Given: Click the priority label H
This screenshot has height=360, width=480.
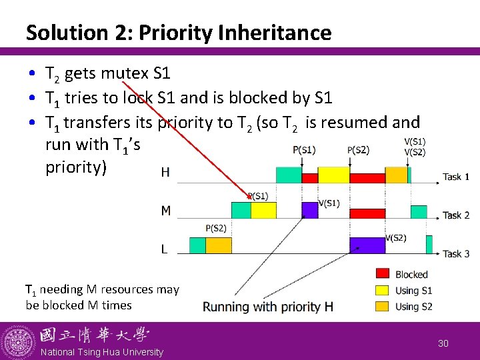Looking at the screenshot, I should (165, 173).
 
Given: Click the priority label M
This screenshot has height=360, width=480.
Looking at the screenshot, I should (166, 211).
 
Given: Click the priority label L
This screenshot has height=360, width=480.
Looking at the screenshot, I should (164, 249).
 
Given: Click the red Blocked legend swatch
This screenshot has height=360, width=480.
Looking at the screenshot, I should (383, 274).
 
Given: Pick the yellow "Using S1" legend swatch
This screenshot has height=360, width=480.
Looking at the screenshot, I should (383, 290).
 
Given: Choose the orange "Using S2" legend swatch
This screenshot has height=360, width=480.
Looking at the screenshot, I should (383, 306).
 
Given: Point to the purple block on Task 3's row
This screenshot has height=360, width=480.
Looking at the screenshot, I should (367, 245).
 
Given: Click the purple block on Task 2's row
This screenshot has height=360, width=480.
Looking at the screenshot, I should (310, 211).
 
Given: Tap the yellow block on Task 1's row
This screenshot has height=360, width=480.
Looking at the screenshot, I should (334, 175).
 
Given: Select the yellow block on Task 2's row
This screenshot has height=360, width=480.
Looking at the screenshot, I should (263, 211).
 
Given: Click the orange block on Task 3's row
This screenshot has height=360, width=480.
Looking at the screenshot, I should (218, 245).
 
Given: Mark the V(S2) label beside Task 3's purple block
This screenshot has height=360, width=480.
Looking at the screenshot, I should (395, 238).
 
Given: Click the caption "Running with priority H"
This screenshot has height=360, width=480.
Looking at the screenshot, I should (268, 307).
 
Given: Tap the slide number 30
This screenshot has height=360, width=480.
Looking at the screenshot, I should (443, 343).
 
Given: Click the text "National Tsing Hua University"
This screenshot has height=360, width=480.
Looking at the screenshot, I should (102, 352).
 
